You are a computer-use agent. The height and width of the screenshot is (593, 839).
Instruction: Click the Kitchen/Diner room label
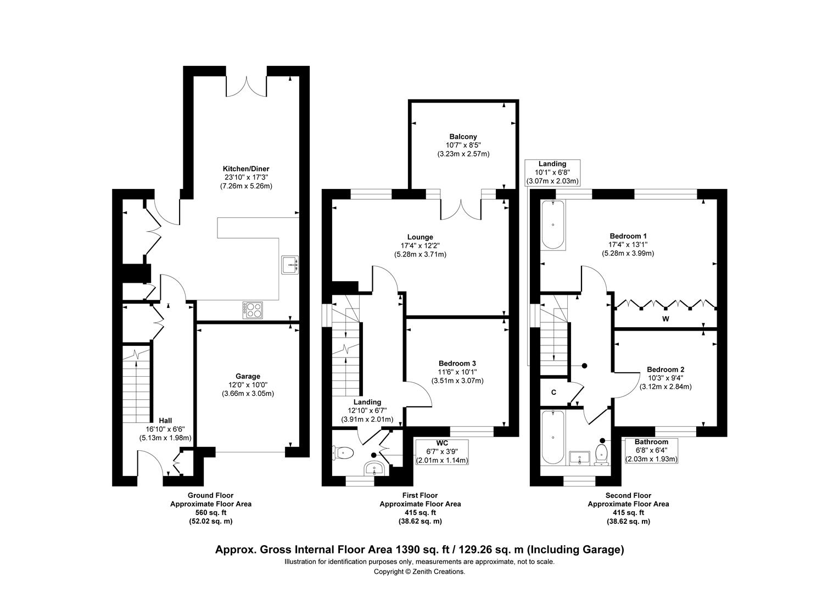(246, 169)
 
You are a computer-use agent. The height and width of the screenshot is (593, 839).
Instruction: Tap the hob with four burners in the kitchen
(253, 310)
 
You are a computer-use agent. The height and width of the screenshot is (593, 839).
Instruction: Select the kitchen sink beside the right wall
(290, 265)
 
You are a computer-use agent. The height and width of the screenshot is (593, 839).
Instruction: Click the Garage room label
(248, 377)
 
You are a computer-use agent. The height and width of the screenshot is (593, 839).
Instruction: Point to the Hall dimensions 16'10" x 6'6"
(165, 429)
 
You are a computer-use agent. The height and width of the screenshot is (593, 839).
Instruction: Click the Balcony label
(463, 137)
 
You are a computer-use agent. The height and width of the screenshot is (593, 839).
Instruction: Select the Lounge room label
(420, 237)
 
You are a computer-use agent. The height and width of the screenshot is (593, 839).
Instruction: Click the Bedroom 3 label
(457, 363)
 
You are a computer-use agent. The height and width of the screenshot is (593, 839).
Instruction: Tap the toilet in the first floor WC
(344, 453)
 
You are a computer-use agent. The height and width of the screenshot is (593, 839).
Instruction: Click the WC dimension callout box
(442, 452)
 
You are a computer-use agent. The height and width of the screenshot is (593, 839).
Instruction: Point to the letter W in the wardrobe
(665, 319)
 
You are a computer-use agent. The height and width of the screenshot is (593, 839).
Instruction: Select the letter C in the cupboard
(553, 392)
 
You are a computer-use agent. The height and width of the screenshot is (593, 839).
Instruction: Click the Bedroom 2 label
(665, 370)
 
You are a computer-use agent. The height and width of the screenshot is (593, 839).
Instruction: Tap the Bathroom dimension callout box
(651, 451)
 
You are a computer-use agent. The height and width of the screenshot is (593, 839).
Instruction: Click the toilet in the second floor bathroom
(601, 454)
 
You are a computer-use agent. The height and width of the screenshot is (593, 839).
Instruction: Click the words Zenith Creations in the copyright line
(438, 572)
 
